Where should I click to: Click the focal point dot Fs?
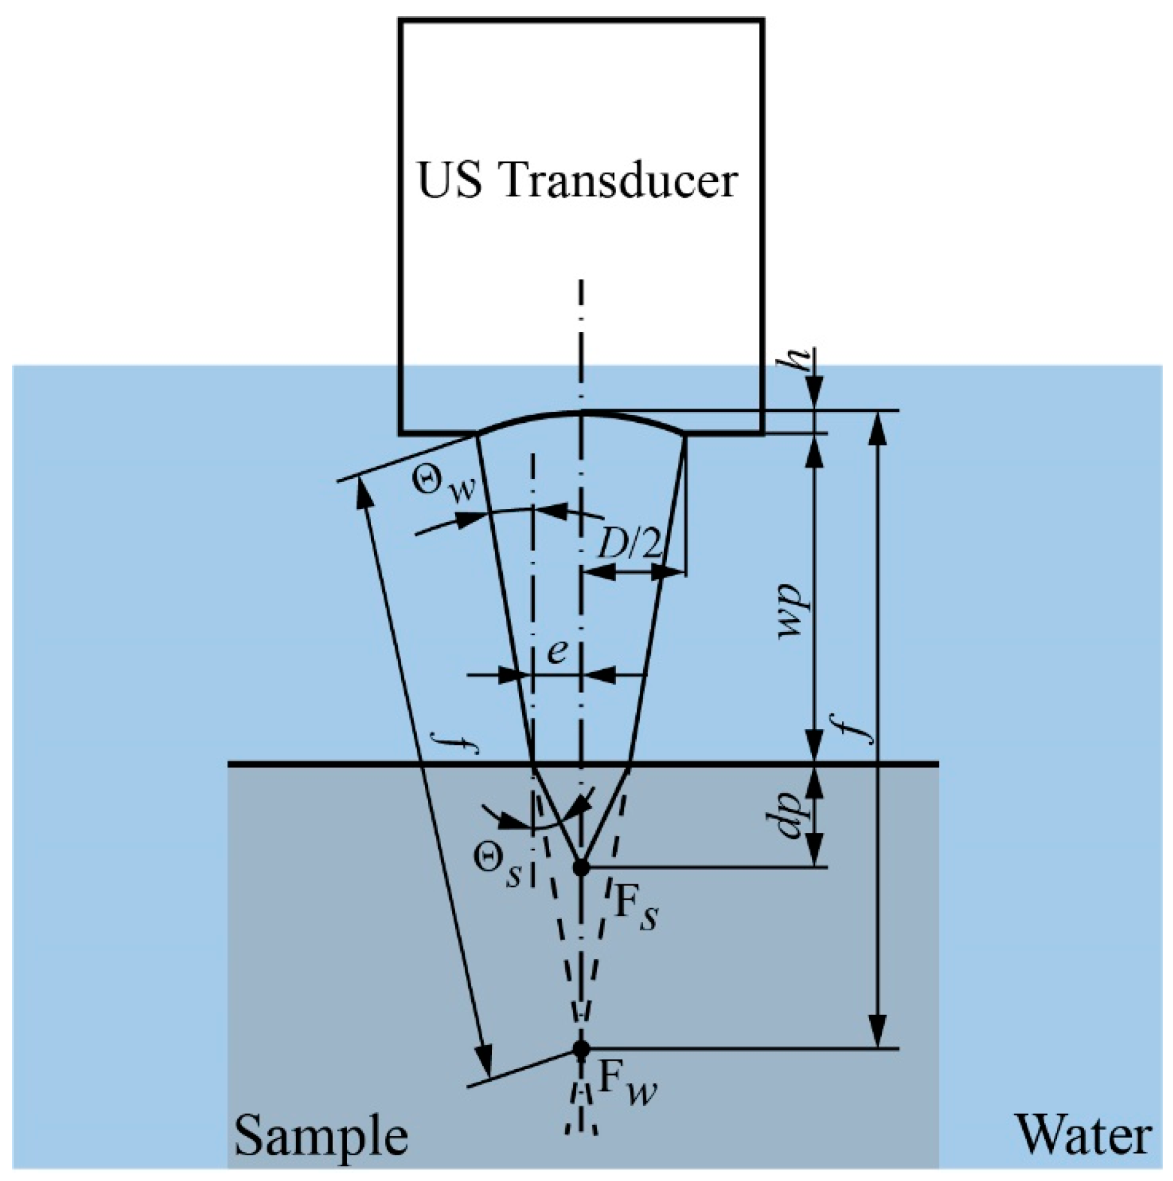[581, 867]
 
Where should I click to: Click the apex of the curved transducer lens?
[581, 410]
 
